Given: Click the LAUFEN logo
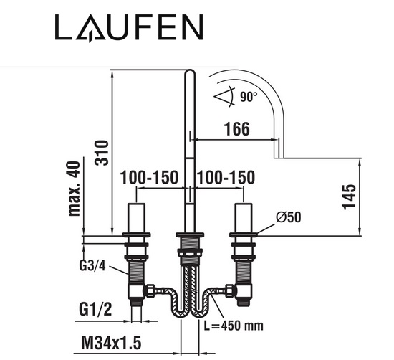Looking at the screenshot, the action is click(x=129, y=28).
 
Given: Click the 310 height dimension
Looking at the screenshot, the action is click(x=102, y=153).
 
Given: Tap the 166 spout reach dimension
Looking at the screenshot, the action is click(x=237, y=129).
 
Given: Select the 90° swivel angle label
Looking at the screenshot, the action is click(x=249, y=97).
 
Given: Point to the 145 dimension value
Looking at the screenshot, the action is click(x=349, y=197).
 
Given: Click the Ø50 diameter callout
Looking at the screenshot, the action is click(x=288, y=217).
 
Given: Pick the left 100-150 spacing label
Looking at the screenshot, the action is click(x=149, y=177).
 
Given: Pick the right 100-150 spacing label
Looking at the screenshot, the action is click(x=226, y=177).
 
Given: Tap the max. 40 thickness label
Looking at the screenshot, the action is click(x=75, y=189).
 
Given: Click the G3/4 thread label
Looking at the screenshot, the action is click(x=92, y=265).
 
